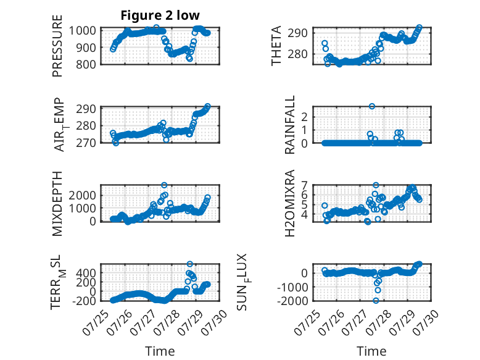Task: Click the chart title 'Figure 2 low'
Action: [160, 15]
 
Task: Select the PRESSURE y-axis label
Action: [57, 46]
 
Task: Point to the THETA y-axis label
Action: [276, 46]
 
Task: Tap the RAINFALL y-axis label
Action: [289, 125]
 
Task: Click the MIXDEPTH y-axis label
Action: [57, 204]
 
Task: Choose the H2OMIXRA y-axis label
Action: [289, 203]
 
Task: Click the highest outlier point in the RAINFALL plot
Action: [372, 106]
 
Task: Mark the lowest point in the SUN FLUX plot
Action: [376, 301]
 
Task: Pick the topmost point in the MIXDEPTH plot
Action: [164, 185]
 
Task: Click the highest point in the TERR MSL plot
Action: [190, 264]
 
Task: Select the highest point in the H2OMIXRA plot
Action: [376, 185]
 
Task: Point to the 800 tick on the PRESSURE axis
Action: [86, 64]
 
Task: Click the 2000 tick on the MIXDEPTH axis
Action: [82, 195]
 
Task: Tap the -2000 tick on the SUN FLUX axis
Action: [292, 301]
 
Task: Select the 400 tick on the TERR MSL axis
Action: [86, 273]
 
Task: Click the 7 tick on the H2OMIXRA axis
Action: [304, 185]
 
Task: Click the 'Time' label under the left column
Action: [160, 351]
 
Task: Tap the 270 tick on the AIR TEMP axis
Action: [86, 143]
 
